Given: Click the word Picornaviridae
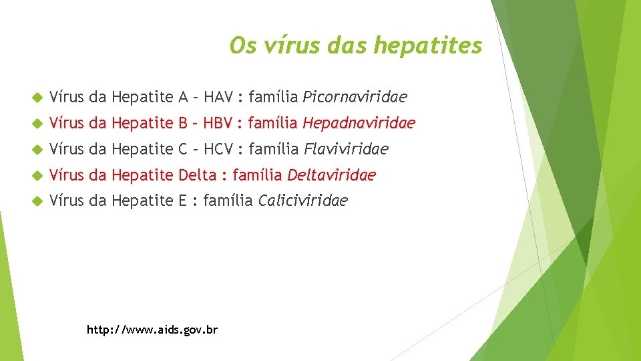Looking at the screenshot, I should (355, 98).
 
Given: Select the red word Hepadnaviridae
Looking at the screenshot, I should (359, 123).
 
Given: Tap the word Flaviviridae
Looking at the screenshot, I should (345, 148).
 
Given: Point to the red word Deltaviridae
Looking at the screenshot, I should (331, 175).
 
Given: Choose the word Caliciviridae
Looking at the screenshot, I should (302, 201).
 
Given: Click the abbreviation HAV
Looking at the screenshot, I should (218, 98).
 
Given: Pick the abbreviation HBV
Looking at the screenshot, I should (218, 123).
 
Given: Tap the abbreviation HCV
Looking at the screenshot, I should (218, 148).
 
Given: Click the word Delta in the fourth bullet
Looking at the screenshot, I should (198, 175).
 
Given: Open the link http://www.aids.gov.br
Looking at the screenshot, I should (152, 330).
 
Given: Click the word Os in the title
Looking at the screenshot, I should (240, 45).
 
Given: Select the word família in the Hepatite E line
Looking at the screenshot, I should (228, 201).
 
